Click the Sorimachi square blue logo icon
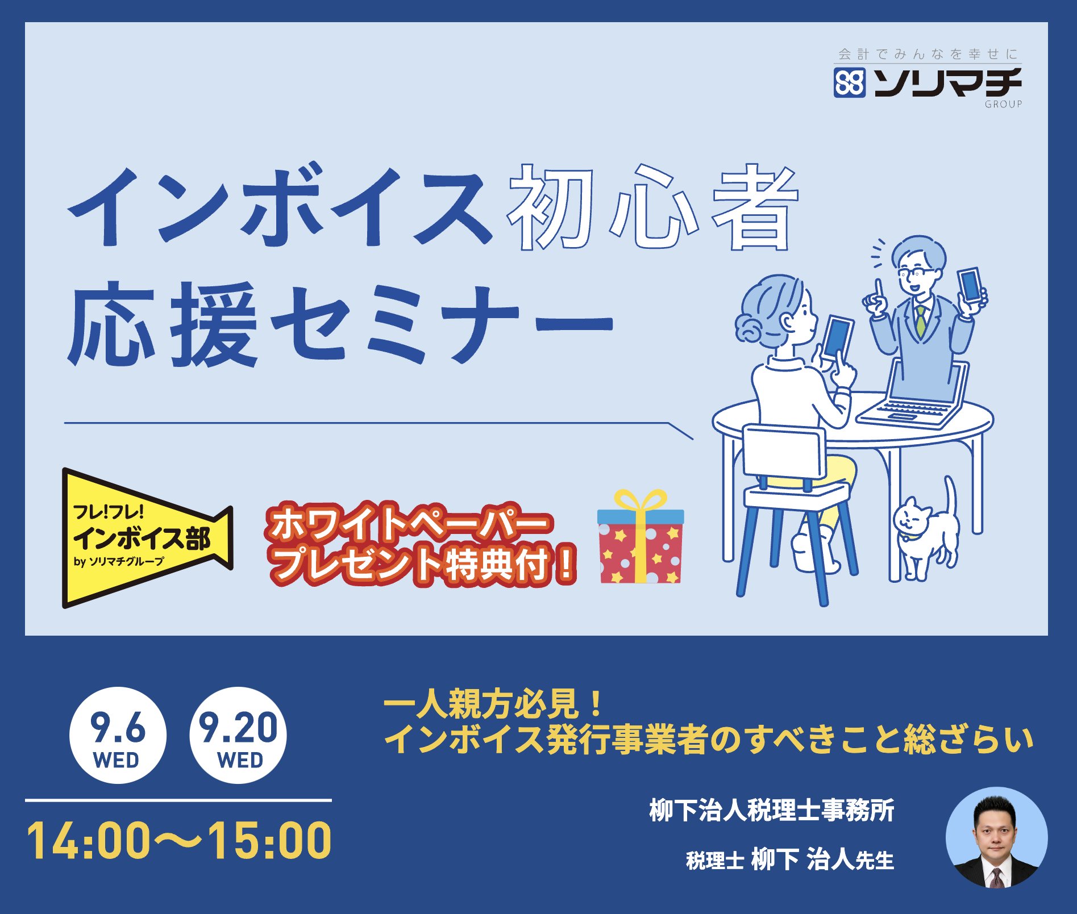850,83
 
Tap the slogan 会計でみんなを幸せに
928,55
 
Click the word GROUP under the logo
1003,104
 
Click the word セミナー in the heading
442,324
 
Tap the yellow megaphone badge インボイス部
147,538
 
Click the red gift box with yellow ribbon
641,537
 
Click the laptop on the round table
912,395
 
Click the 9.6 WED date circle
118,736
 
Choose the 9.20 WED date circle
238,736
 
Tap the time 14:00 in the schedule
89,841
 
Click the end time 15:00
269,841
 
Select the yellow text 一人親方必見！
493,704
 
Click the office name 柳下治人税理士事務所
772,810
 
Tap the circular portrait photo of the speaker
997,837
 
